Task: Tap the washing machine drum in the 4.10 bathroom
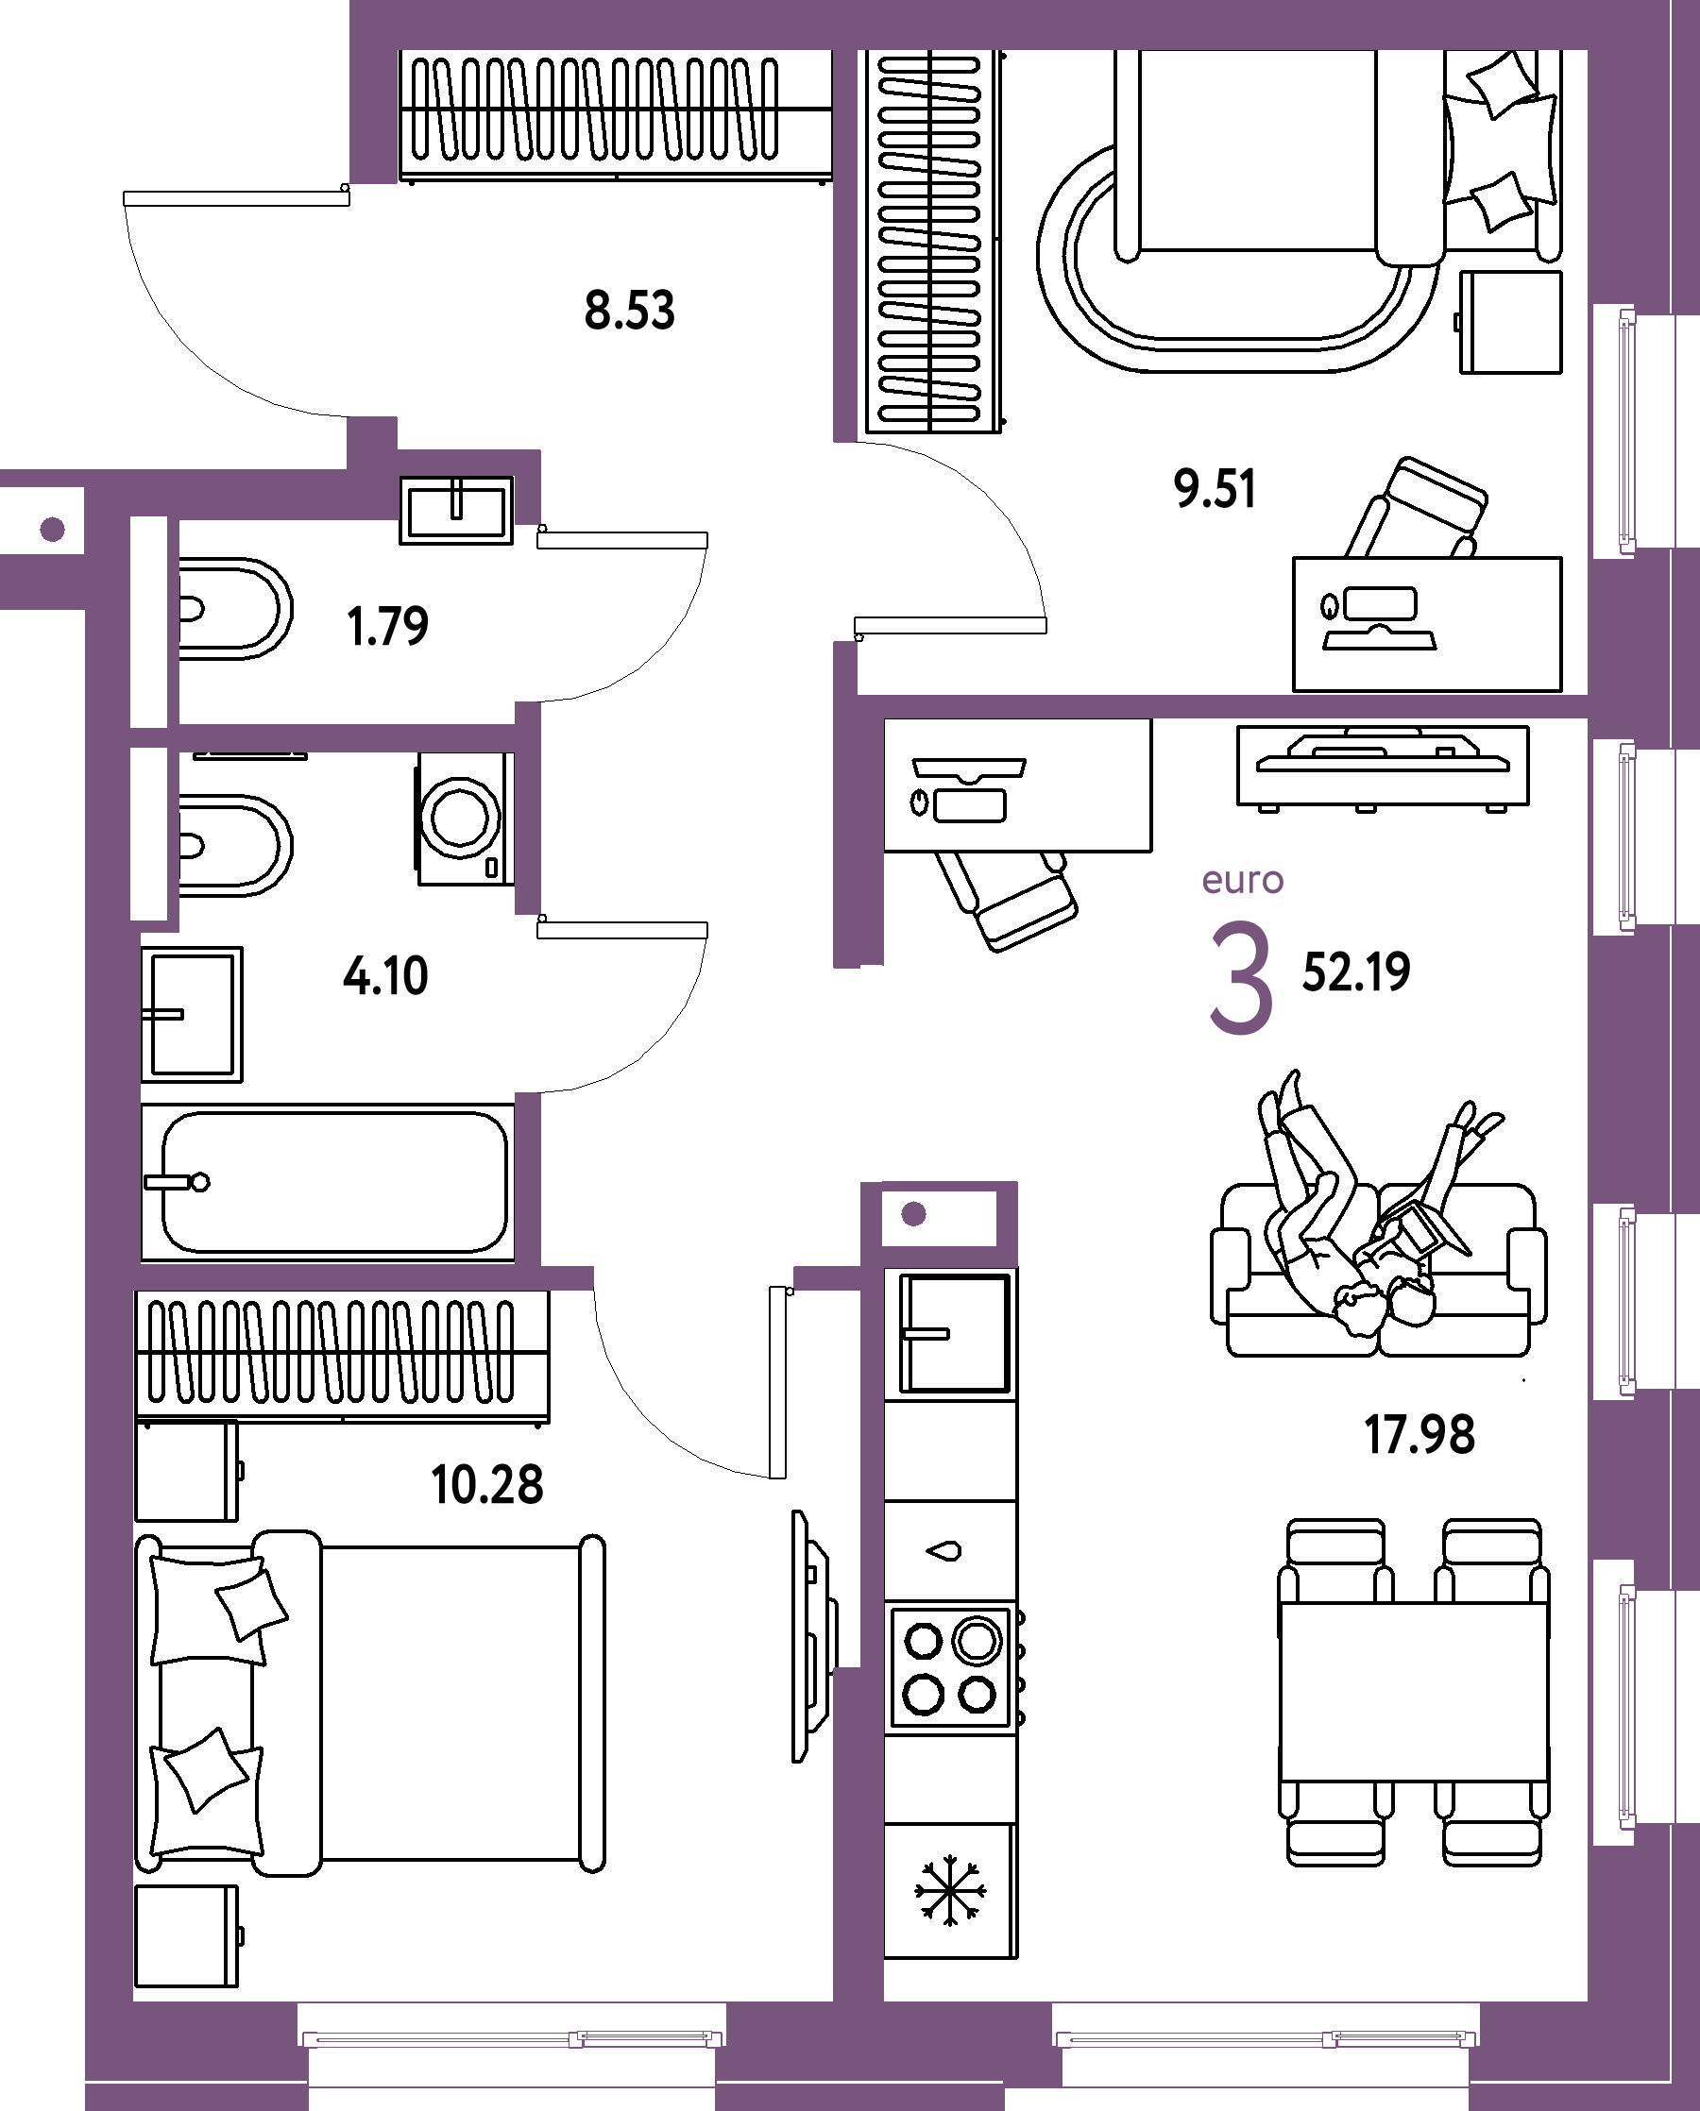(x=460, y=817)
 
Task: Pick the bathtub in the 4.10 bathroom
(x=328, y=1182)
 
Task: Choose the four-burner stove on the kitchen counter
(x=951, y=1667)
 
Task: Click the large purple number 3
(x=1241, y=977)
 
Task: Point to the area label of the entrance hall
(x=630, y=311)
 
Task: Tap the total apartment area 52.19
(x=1356, y=972)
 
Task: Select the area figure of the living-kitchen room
(x=1419, y=1434)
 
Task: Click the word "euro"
(x=1243, y=880)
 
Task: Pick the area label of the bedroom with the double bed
(x=487, y=1484)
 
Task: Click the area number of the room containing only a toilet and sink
(x=388, y=627)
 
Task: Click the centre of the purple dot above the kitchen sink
(x=913, y=1214)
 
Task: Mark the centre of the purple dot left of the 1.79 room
(x=53, y=530)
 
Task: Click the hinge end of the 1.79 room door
(x=541, y=530)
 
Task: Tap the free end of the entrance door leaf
(x=125, y=199)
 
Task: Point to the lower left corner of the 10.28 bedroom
(x=134, y=2001)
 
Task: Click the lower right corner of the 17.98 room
(x=1587, y=2001)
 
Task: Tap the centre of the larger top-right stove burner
(x=977, y=1640)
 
